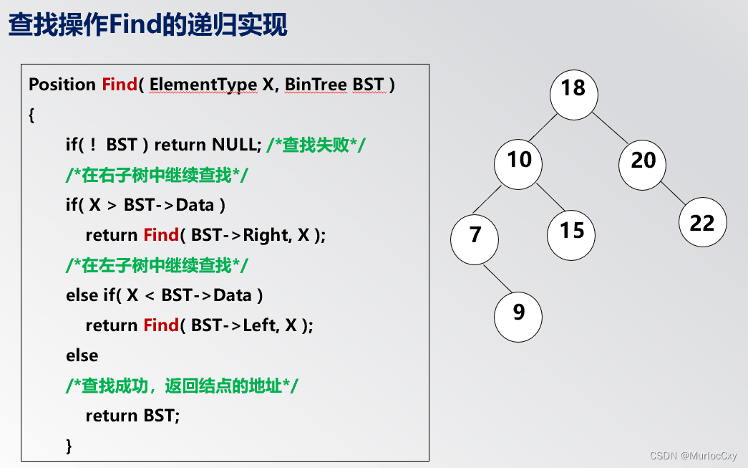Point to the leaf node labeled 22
pos(702,223)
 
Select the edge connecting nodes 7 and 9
pos(497,278)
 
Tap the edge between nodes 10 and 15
pos(547,199)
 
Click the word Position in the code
pos(62,85)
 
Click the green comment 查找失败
pos(316,145)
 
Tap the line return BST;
pos(132,416)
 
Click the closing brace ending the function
pos(69,446)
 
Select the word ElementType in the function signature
pos(203,85)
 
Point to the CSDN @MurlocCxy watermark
pos(693,456)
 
